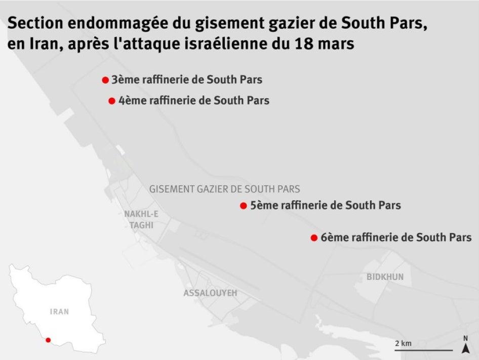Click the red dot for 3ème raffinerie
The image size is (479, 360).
[105, 80]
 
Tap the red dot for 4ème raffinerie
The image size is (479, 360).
[112, 101]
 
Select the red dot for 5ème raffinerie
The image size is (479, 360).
[244, 206]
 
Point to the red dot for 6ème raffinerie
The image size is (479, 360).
[314, 237]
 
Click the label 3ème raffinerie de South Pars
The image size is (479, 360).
[187, 80]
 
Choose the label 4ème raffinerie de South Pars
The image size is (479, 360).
[194, 101]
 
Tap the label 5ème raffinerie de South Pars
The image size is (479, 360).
[326, 206]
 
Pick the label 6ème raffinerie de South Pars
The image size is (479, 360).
[396, 237]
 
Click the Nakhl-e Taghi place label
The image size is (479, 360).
[141, 220]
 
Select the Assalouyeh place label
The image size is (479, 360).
[210, 293]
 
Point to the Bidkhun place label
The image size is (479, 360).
[385, 277]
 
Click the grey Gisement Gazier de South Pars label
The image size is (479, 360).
[224, 189]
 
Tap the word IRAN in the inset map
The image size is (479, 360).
[59, 312]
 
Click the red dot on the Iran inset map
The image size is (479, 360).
[48, 340]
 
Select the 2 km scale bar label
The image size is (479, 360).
[403, 344]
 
